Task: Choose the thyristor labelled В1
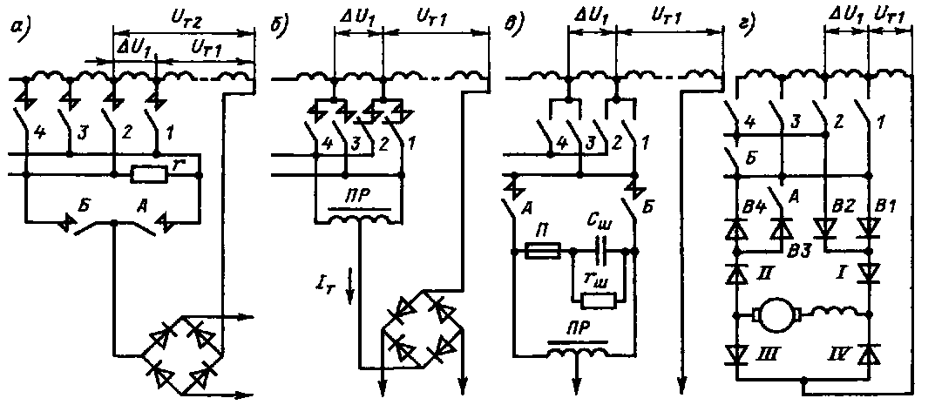point(867,228)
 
